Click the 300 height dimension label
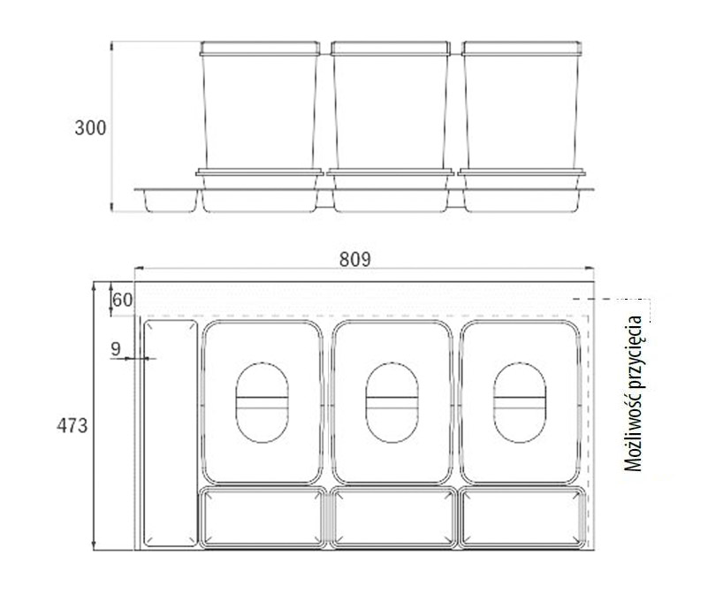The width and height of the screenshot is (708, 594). coord(90,128)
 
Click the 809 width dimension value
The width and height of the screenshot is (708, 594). coord(355,259)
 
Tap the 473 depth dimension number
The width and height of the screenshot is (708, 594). coord(72,425)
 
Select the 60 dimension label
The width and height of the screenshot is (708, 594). coord(122,300)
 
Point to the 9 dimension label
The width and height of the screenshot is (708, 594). coord(116,349)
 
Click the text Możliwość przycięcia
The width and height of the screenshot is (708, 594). coord(633,393)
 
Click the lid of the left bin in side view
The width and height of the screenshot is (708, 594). coord(260,49)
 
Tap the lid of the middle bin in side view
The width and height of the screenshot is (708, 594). coord(391,49)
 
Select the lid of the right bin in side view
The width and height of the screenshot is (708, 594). coord(521,49)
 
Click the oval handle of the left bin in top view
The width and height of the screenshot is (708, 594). coord(262,402)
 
